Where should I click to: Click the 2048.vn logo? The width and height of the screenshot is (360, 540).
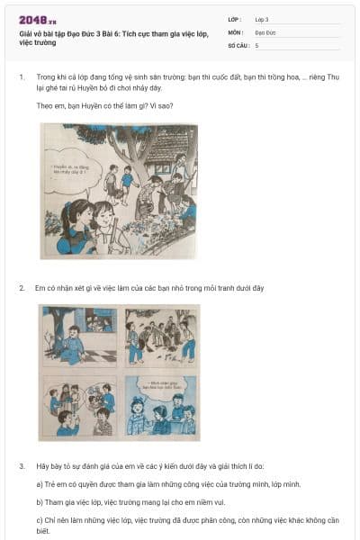pyautogui.click(x=37, y=20)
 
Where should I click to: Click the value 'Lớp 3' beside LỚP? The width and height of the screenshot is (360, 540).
pyautogui.click(x=261, y=19)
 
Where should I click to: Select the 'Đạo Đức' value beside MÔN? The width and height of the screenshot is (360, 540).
pyautogui.click(x=265, y=31)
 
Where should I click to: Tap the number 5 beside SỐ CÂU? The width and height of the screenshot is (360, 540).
pyautogui.click(x=257, y=44)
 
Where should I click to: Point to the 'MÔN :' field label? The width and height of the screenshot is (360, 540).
pyautogui.click(x=237, y=31)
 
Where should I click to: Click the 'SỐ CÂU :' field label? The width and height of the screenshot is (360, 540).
pyautogui.click(x=239, y=44)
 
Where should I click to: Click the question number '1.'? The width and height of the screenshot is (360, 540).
pyautogui.click(x=22, y=78)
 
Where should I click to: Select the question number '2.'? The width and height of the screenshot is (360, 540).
pyautogui.click(x=22, y=288)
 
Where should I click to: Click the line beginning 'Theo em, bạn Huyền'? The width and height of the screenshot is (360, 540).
pyautogui.click(x=104, y=105)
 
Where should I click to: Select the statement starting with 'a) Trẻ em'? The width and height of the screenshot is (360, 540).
pyautogui.click(x=162, y=484)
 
